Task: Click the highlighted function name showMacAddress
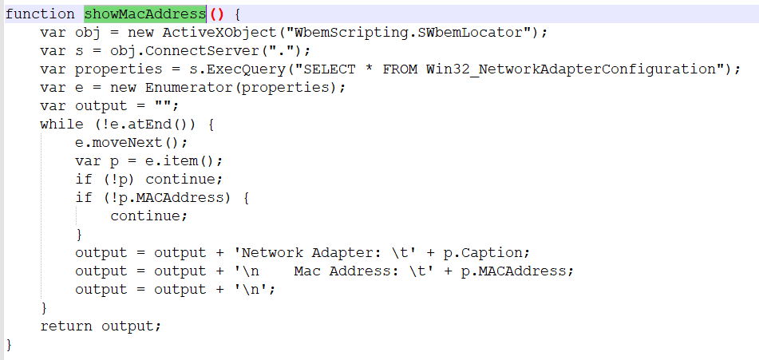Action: coord(144,14)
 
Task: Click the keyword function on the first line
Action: coord(40,14)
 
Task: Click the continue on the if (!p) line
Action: coord(184,179)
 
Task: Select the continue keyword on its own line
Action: coord(148,216)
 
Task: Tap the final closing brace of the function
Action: coord(10,344)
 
